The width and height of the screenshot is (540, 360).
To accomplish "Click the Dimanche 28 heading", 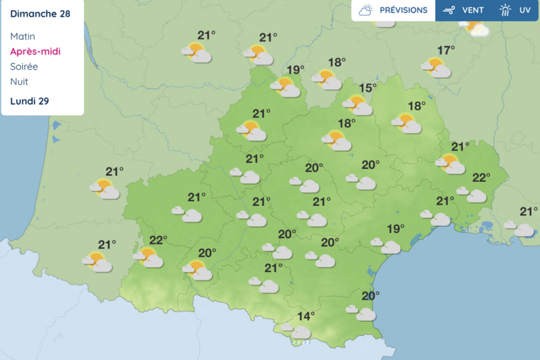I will [40, 13].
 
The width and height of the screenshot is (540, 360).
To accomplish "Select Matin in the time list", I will [22, 37].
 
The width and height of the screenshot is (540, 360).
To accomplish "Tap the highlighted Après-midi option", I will [35, 52].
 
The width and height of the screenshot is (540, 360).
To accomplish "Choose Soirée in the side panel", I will [24, 66].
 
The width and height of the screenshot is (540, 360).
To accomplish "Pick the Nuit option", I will [19, 82].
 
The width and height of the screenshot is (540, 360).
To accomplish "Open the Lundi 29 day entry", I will [29, 101].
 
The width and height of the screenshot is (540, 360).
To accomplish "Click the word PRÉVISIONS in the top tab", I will [403, 10].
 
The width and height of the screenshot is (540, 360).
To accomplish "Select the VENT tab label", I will [473, 10].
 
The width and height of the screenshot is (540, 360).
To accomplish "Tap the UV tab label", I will [525, 10].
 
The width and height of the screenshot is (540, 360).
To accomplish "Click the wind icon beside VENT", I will [449, 10].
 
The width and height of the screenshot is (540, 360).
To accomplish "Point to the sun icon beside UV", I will [506, 10].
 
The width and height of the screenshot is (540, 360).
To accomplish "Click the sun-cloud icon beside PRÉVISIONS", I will [366, 10].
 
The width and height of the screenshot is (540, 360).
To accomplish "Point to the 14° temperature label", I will [306, 316].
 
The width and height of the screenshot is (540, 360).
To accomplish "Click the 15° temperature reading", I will [368, 88].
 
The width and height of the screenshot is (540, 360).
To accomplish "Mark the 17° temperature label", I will [446, 51].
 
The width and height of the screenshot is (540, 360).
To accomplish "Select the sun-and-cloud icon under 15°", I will [358, 105].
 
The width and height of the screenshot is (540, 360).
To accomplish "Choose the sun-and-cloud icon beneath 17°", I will [436, 67].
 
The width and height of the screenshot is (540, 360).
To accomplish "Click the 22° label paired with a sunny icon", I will [158, 240].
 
